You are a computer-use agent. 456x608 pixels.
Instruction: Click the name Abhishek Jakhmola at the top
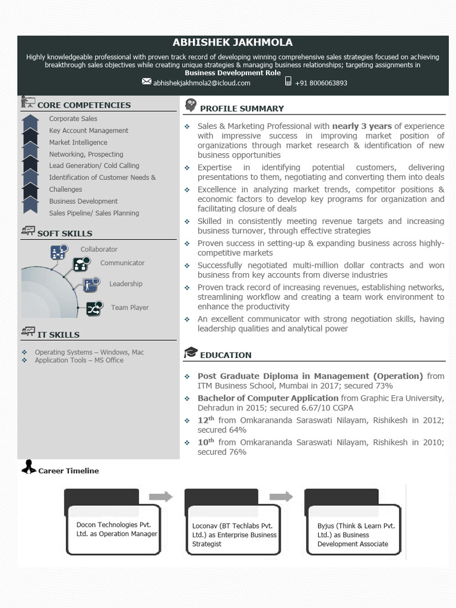pos(232,43)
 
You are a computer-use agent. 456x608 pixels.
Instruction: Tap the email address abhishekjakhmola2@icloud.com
pos(201,83)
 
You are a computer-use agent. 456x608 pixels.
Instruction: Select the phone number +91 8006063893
pos(321,83)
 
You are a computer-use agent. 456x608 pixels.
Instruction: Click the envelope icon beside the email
pos(147,82)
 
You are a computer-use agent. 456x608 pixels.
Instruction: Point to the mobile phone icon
pos(288,82)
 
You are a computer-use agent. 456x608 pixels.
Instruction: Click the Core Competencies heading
pos(84,105)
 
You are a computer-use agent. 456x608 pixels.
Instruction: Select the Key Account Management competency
pos(88,131)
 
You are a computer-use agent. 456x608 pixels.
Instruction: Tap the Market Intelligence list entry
pos(78,142)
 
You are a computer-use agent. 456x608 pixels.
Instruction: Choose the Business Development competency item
pos(83,201)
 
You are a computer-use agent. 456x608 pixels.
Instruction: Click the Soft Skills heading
pos(65,233)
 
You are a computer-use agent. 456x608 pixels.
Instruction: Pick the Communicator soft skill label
pos(122,263)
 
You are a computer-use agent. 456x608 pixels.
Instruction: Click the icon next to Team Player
pos(94,308)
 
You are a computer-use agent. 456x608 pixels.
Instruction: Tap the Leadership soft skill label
pos(126,284)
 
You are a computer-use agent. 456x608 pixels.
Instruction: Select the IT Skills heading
pos(58,335)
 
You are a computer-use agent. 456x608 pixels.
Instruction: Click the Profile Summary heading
pos(242,109)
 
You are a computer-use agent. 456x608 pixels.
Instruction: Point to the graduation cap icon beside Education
pos(191,353)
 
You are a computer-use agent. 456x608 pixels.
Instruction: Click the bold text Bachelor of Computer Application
pos(268,398)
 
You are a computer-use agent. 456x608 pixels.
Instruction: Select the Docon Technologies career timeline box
pos(112,529)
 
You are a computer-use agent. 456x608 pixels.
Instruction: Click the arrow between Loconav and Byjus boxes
pos(281,496)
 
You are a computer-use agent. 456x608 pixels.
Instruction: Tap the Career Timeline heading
pos(68,471)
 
